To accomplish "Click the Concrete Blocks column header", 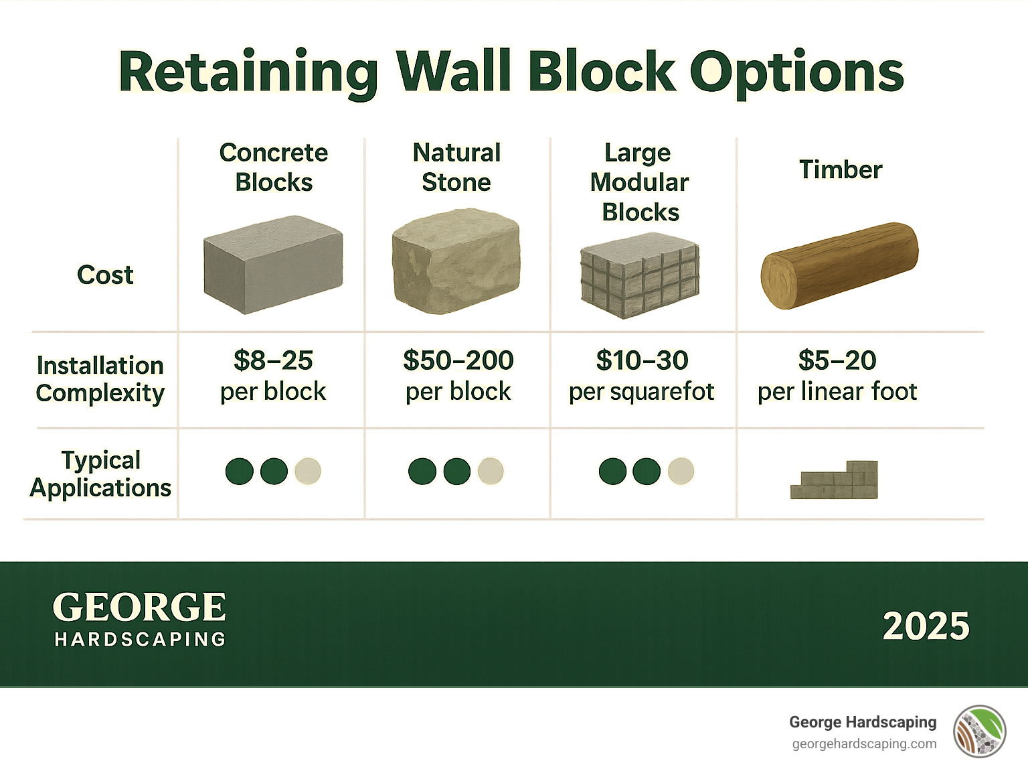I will point(274,167).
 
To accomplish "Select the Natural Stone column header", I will point(456,167).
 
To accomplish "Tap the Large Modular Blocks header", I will point(640,182).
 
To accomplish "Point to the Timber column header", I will point(841,169).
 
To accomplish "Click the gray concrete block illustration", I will point(273,265).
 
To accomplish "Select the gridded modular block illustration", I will point(640,275).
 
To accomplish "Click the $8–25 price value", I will point(273,360).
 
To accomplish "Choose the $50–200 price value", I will point(458,360).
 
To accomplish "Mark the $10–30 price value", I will point(642,360).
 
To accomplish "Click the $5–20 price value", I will point(837,360).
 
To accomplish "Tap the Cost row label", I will point(105,275).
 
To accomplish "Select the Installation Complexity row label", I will point(100,379).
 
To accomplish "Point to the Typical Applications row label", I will point(100,474).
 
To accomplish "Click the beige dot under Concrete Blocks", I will point(308,471).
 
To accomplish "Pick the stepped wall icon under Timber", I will point(835,480).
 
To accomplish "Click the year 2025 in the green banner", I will point(926,626).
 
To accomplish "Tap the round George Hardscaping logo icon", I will point(979,731).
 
